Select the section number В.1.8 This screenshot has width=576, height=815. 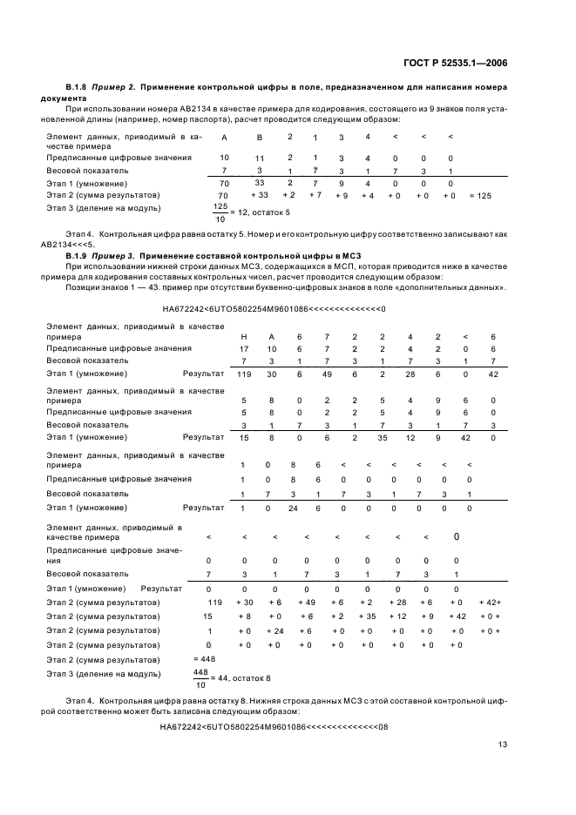point(79,89)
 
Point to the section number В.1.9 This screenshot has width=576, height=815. point(79,254)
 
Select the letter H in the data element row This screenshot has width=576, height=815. point(244,336)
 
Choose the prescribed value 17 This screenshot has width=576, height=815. point(244,348)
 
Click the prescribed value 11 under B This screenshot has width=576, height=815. point(259,158)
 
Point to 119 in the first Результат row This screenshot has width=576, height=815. point(244,374)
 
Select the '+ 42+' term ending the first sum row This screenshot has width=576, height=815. point(491,603)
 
